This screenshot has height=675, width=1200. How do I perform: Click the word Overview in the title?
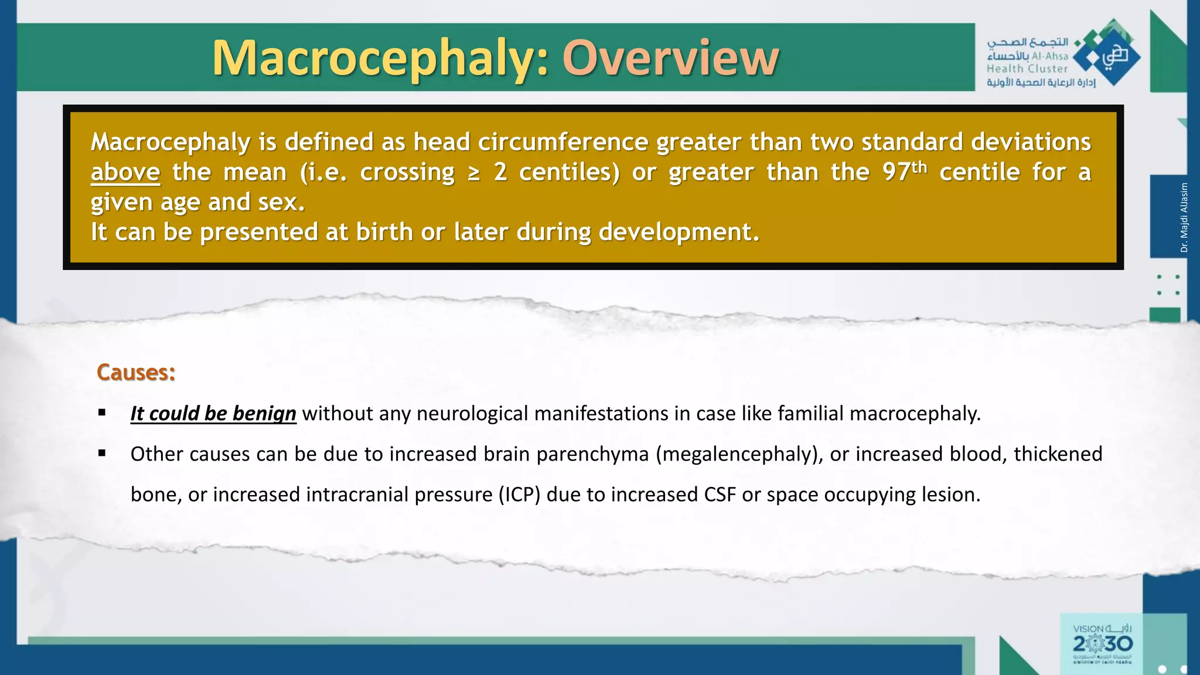click(670, 58)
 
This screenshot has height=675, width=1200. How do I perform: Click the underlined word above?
click(125, 173)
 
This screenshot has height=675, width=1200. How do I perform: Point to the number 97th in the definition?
click(905, 172)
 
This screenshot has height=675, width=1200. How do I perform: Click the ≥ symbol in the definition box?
click(474, 173)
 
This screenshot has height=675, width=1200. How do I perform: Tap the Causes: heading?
click(136, 373)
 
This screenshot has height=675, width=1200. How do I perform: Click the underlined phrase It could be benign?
click(213, 414)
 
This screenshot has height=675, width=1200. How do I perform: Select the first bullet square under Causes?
click(103, 413)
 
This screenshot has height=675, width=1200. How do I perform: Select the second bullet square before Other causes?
click(103, 453)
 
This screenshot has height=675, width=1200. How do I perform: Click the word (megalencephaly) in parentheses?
click(739, 454)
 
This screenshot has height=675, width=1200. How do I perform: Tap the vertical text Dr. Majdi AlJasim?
click(1184, 217)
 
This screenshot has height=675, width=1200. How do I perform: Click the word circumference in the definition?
click(562, 142)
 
